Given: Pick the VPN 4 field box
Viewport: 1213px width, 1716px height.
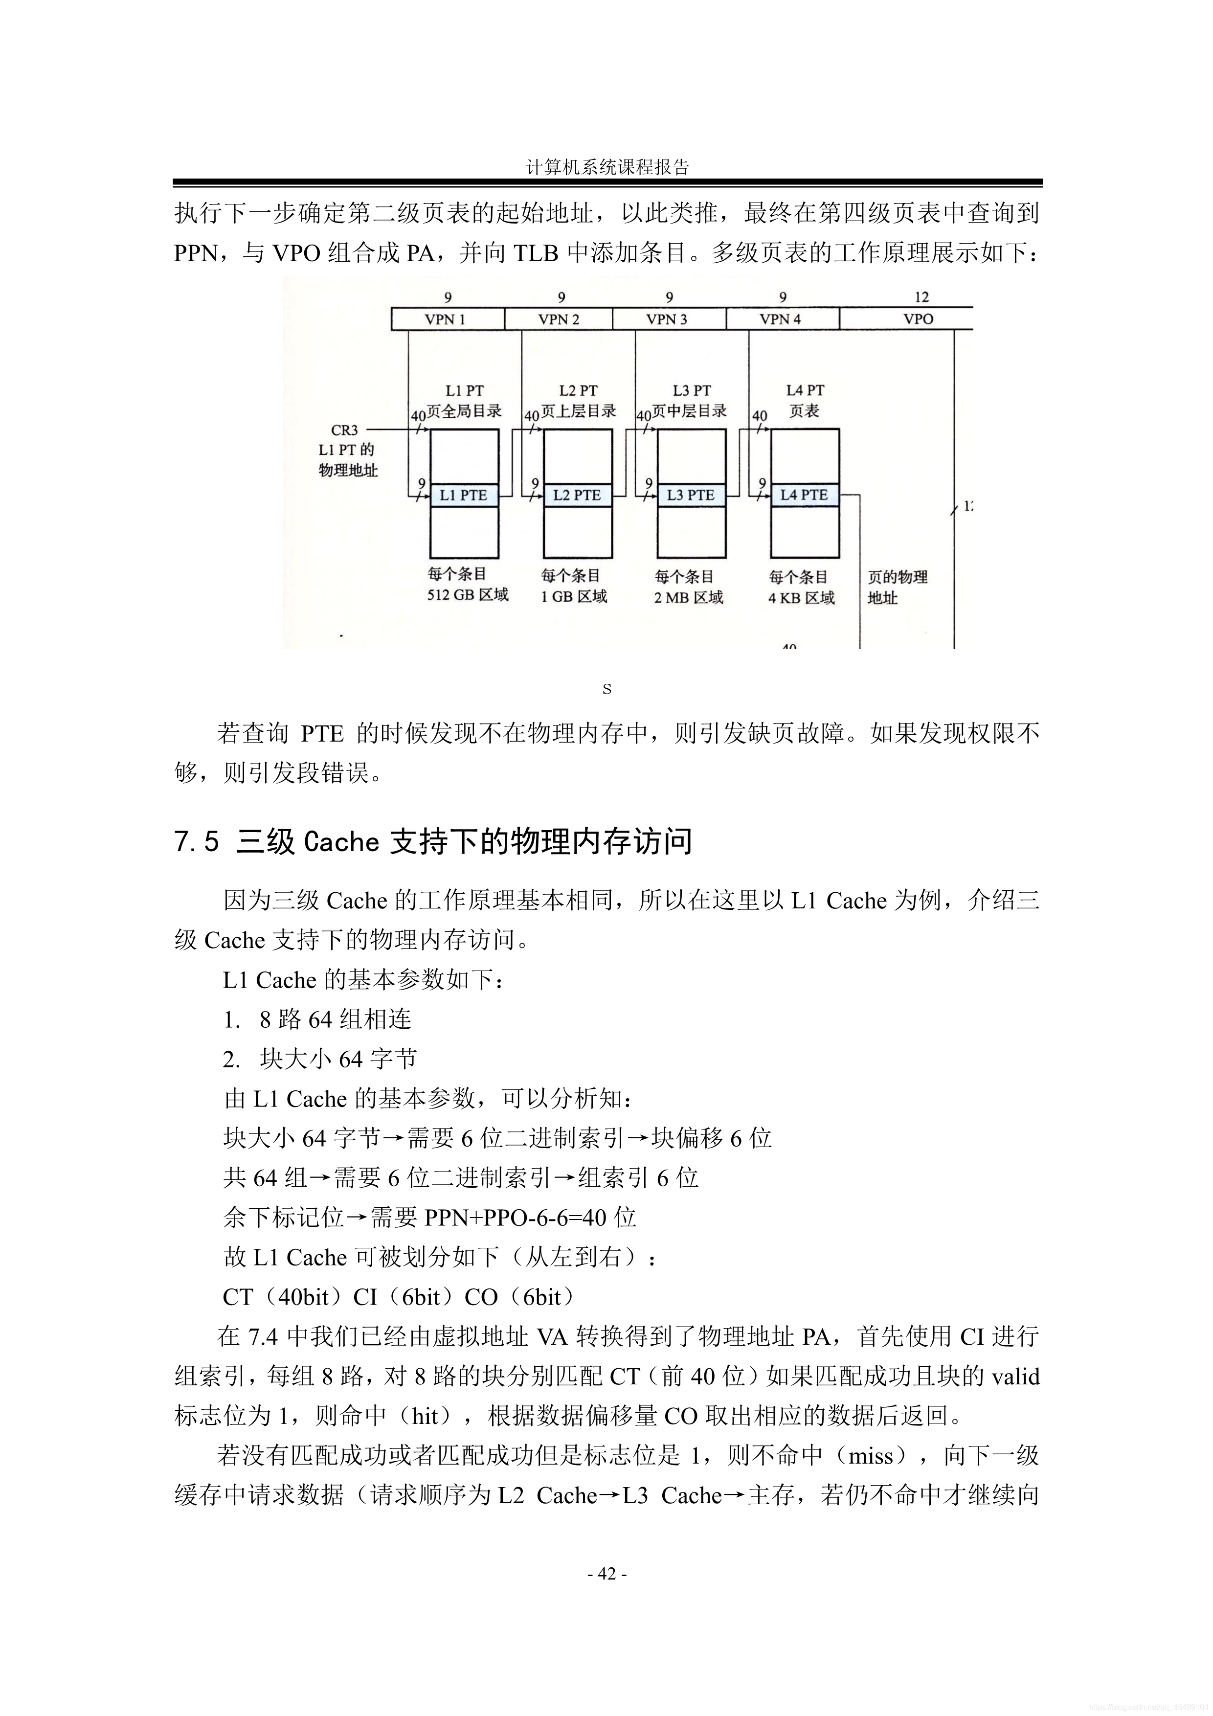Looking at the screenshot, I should [781, 319].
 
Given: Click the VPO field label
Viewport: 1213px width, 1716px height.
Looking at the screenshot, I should [919, 319].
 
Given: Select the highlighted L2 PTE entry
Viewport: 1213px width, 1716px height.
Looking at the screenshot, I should [577, 495].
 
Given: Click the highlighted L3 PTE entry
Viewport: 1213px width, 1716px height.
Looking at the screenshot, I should [691, 495].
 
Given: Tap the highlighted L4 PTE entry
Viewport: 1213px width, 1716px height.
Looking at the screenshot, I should [804, 495].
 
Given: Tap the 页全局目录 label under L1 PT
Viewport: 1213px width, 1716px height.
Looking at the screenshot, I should [464, 411].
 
